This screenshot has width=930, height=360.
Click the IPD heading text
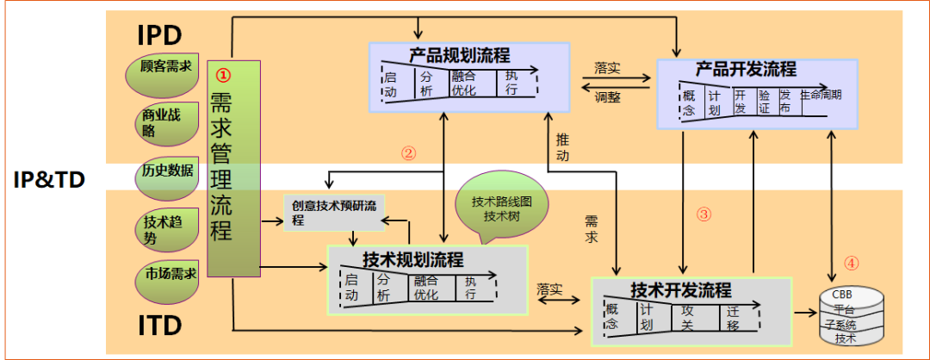[159, 35]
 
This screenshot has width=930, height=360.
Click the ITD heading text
[159, 326]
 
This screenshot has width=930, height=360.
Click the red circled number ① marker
[222, 75]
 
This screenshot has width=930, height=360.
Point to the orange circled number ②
[408, 153]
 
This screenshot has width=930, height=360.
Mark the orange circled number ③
[704, 214]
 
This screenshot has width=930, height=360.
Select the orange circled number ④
[851, 264]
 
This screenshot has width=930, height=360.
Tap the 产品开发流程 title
[746, 68]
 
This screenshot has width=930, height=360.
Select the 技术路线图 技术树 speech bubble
[500, 208]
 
